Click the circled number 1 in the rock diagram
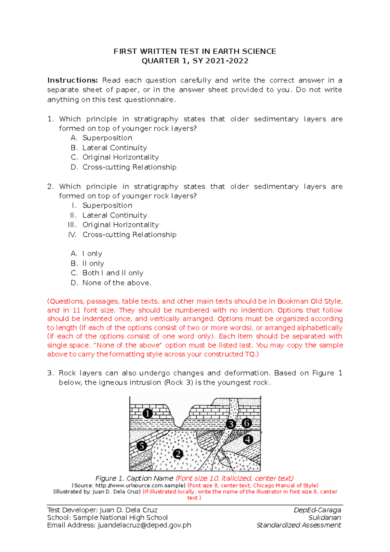coord(148,414)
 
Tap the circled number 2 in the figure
coord(178,454)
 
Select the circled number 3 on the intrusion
coord(231,424)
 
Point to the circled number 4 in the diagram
coord(248,440)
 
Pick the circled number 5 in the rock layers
coord(142,446)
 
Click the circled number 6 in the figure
coord(247,423)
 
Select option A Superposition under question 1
coord(107,138)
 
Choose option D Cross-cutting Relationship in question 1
coord(129,167)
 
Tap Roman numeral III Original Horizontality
coord(121,225)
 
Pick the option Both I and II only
coord(113,273)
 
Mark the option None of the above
coord(117,283)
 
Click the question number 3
coord(50,373)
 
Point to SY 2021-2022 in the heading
coord(220,61)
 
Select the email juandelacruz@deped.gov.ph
coord(144,525)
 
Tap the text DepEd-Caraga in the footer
coord(317,510)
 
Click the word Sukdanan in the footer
coord(325,518)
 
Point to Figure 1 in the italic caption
coord(110,478)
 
